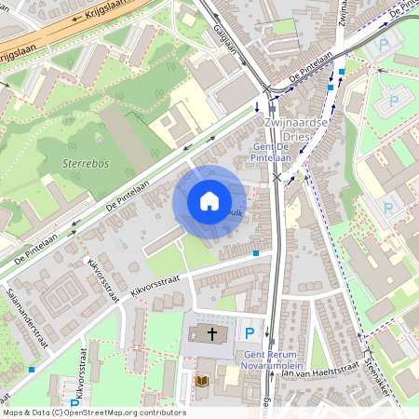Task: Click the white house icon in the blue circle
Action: tap(209, 201)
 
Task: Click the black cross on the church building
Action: tap(211, 332)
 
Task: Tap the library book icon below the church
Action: tap(203, 381)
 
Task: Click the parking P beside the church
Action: tap(249, 332)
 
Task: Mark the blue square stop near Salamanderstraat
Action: tap(33, 370)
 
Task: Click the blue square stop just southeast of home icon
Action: tap(256, 252)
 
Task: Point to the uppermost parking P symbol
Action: tap(382, 44)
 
